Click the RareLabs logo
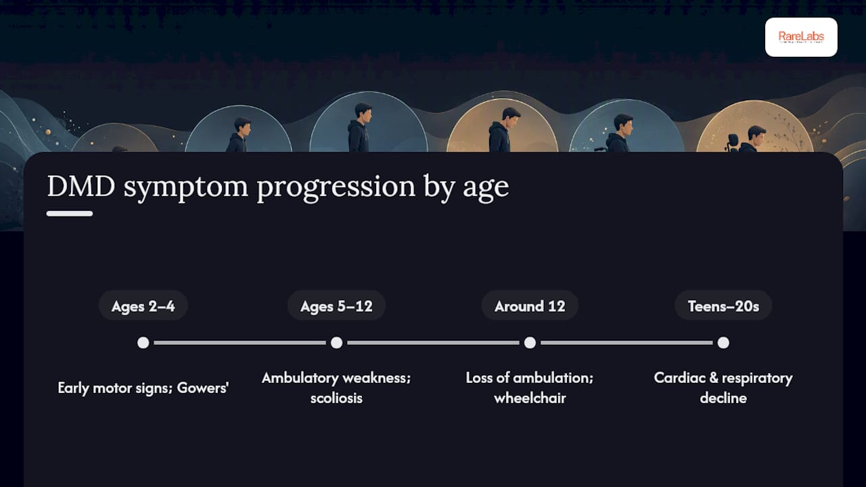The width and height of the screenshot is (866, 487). click(x=801, y=37)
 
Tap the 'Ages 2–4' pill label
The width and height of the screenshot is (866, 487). click(x=143, y=306)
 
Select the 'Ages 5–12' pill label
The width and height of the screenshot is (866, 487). click(x=336, y=306)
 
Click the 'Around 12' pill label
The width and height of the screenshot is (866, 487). click(x=530, y=306)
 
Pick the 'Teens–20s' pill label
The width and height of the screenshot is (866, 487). click(x=723, y=306)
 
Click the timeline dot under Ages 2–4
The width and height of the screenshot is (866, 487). click(x=143, y=343)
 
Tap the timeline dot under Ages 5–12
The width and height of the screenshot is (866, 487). click(x=336, y=343)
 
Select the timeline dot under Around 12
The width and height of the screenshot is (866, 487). click(x=530, y=343)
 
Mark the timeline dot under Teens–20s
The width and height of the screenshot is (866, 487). click(x=723, y=343)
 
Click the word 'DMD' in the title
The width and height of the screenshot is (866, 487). click(x=81, y=186)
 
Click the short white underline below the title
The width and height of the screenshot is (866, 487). click(x=70, y=214)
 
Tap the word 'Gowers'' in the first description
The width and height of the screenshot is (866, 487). click(x=202, y=388)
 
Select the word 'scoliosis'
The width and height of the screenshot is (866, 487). click(x=336, y=398)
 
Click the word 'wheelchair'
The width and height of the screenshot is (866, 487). click(x=530, y=398)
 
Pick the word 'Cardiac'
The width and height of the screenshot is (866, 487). click(x=680, y=378)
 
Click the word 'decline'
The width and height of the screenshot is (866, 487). click(x=723, y=398)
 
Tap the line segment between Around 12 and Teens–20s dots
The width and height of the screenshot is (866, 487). click(x=626, y=343)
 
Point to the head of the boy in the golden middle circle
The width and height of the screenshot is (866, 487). click(x=511, y=116)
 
